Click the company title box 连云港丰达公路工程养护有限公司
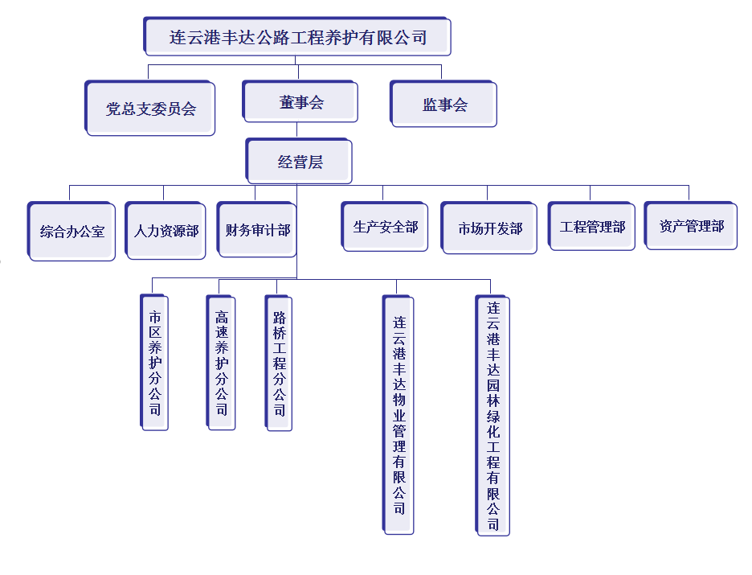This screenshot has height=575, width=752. click(297, 37)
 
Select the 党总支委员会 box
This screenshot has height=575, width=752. click(151, 108)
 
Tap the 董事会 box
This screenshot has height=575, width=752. click(301, 102)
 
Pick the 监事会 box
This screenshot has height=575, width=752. click(444, 105)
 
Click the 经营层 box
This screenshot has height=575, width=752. click(300, 162)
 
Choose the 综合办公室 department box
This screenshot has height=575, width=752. click(72, 232)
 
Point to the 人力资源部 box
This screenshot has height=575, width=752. click(166, 231)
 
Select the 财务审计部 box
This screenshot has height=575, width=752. click(258, 230)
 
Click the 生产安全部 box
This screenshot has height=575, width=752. click(386, 228)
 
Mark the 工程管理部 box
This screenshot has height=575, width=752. click(592, 227)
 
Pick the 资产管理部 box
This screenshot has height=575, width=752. click(692, 227)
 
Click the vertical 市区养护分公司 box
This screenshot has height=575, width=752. click(154, 363)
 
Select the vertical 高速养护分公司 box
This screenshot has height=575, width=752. click(221, 363)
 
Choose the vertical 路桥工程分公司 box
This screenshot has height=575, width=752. click(279, 363)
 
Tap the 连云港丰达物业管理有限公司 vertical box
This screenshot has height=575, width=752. click(398, 415)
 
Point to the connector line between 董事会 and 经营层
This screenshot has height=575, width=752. click(297, 130)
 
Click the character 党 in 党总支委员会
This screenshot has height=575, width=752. click(113, 109)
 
